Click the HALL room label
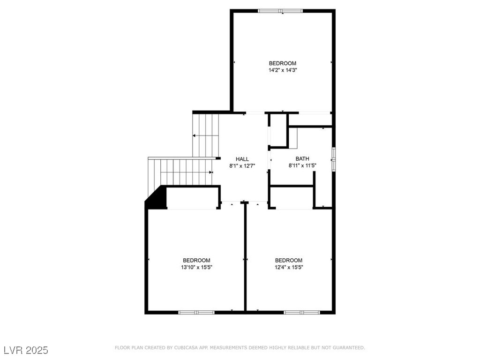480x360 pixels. click(x=242, y=159)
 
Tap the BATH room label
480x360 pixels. click(x=302, y=158)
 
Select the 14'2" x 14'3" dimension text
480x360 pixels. click(x=283, y=70)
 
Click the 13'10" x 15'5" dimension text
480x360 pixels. click(x=196, y=267)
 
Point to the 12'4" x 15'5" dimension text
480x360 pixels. click(x=288, y=267)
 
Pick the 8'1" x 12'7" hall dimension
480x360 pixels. click(x=242, y=165)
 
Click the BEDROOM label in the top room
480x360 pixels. click(x=283, y=63)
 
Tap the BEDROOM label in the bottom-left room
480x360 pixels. click(x=196, y=260)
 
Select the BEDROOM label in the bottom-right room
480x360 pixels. click(x=288, y=260)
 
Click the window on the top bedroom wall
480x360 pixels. click(x=280, y=11)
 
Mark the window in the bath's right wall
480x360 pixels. click(x=333, y=158)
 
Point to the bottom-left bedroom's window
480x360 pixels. click(x=196, y=312)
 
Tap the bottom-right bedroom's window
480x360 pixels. click(x=302, y=312)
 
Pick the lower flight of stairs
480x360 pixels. click(x=180, y=171)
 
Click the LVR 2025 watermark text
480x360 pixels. click(x=26, y=350)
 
